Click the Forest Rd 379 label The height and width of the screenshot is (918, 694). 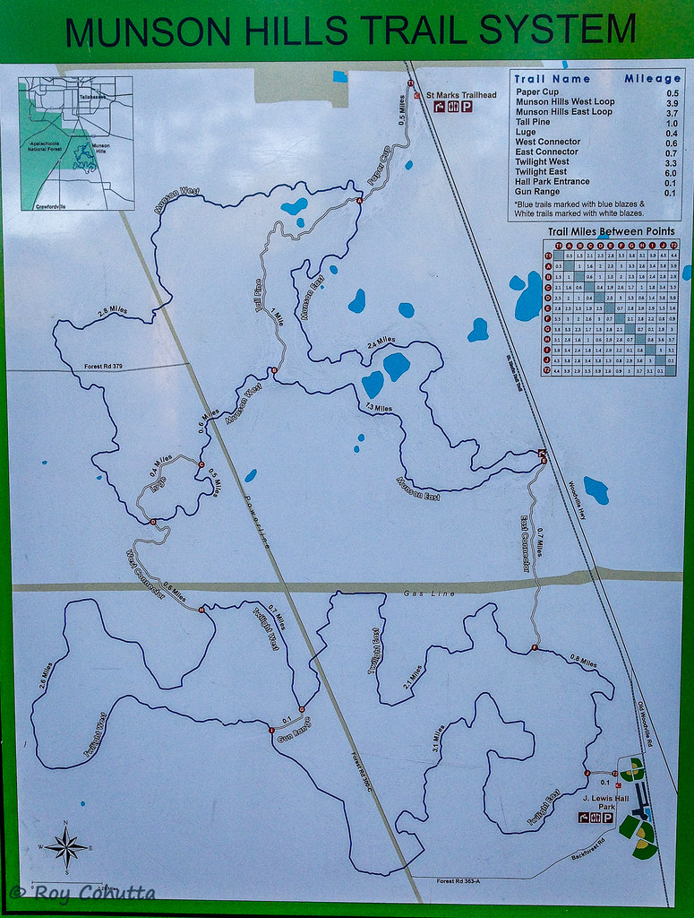pos(103,366)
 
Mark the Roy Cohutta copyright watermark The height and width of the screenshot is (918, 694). pos(82,892)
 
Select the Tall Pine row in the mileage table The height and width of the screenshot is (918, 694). pos(534,122)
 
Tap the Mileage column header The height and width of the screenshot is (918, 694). pos(652,79)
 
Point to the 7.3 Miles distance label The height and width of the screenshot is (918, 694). pos(379,409)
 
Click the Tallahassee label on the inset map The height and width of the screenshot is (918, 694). pos(91,93)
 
